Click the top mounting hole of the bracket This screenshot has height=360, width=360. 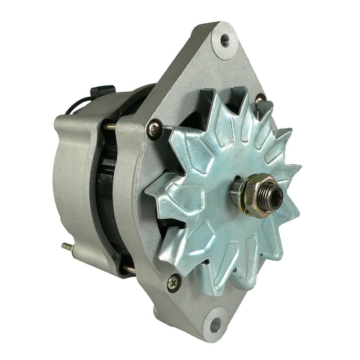click(x=224, y=41)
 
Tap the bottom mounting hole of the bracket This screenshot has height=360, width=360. click(x=215, y=324)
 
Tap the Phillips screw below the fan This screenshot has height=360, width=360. click(x=173, y=282)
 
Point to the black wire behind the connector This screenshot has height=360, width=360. click(x=74, y=106)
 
